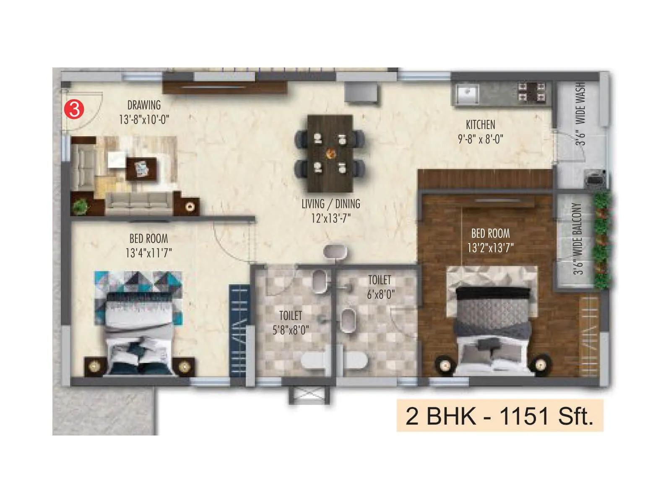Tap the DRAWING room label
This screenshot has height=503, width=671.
pos(144,105)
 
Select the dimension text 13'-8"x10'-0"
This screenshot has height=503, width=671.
pos(144,119)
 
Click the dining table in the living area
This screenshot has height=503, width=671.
pos(330,153)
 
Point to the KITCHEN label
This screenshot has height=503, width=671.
pos(480,124)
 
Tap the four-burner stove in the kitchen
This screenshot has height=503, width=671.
pos(531,92)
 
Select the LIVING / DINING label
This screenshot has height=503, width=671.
pos(330,204)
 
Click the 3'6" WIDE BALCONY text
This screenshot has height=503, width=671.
pos(578,239)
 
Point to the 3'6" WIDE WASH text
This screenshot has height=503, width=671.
pos(580,114)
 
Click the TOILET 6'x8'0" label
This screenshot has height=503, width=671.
pos(380,287)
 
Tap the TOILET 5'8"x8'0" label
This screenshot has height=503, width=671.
pos(291,322)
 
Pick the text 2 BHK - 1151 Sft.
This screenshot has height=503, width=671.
pos(499,416)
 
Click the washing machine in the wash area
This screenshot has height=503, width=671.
pos(596,178)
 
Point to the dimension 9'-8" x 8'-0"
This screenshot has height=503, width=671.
pos(480,139)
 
